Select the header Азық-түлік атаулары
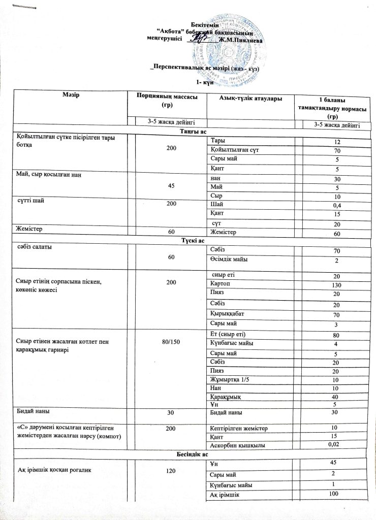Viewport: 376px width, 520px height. [249, 98]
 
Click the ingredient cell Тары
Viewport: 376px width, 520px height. [218, 140]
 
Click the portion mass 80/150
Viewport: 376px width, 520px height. [169, 342]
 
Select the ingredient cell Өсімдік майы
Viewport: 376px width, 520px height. [229, 261]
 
